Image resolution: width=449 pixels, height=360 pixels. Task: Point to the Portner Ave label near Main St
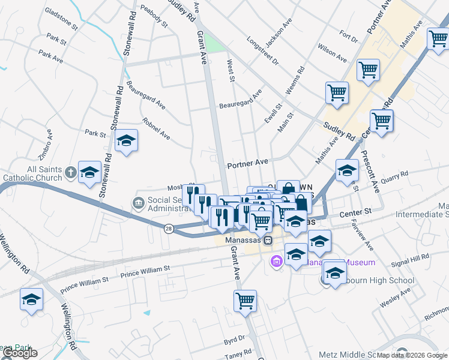247,163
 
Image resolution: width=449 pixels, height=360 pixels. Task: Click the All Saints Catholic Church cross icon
70,172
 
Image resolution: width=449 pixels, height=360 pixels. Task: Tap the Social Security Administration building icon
139,202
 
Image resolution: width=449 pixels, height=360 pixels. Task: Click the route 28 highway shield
169,228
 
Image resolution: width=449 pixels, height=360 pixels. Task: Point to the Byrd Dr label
235,340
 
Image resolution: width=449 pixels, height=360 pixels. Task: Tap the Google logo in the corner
20,353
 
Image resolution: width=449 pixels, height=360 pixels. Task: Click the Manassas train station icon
268,240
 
